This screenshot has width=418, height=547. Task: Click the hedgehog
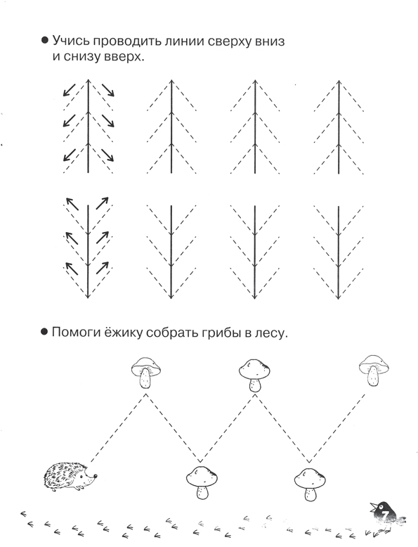point(70,476)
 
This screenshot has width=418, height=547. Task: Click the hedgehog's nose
point(96,475)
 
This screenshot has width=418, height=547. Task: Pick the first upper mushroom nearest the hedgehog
point(145,372)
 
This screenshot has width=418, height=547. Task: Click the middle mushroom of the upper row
point(255,375)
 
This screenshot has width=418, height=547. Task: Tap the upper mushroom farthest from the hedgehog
point(373,370)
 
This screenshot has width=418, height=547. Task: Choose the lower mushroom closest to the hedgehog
point(202,482)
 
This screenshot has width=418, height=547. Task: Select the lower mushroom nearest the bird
point(310,484)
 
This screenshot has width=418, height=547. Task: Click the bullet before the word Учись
point(45,41)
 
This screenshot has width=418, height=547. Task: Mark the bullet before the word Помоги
point(44,332)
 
